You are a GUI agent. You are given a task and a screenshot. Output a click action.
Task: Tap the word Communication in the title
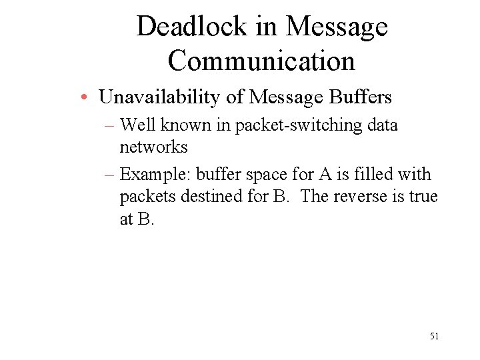click(x=261, y=61)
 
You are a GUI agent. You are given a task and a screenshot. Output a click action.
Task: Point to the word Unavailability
click(x=160, y=97)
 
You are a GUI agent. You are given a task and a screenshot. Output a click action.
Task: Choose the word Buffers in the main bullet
click(x=360, y=97)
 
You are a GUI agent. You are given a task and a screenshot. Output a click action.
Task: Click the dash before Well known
click(x=110, y=125)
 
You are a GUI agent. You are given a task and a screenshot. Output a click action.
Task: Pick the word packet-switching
click(x=289, y=125)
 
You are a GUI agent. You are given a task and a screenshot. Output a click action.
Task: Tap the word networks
click(x=153, y=147)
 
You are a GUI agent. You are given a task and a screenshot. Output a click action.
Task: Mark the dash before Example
click(x=110, y=175)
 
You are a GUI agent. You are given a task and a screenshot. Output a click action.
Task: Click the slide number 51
click(x=434, y=337)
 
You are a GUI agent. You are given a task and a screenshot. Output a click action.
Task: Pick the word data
click(x=382, y=125)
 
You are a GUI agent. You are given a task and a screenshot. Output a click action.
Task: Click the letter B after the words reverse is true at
click(x=145, y=219)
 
